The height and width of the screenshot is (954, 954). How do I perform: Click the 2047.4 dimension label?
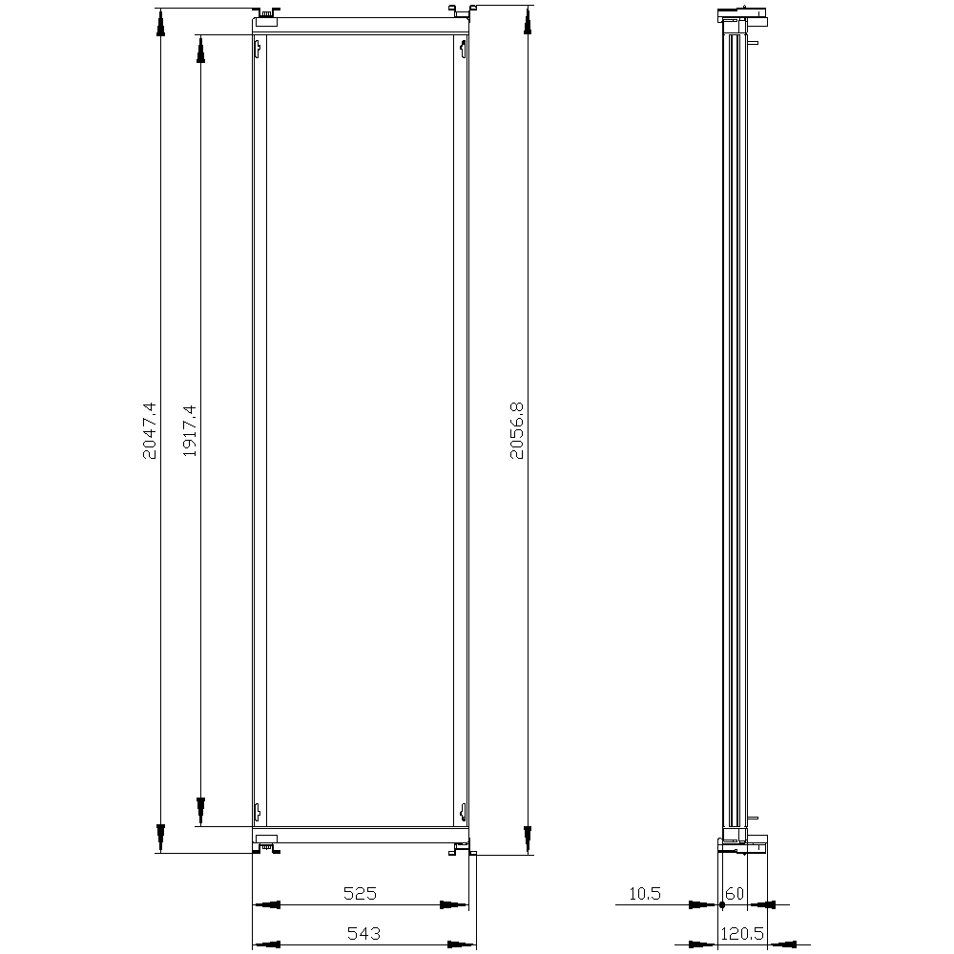coord(150,430)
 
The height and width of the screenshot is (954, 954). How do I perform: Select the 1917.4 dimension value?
coord(190,431)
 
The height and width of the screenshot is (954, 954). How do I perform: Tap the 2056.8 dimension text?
coord(516,430)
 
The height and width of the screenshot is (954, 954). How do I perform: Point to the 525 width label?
coord(361,893)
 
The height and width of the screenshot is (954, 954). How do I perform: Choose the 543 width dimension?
coord(363,933)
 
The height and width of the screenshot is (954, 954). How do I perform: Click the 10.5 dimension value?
coord(644,893)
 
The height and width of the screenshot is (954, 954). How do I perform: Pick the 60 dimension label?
coord(735,893)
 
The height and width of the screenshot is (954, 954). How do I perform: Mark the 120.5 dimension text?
coord(742,933)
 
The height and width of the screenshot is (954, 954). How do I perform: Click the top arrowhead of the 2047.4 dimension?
coord(160,22)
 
